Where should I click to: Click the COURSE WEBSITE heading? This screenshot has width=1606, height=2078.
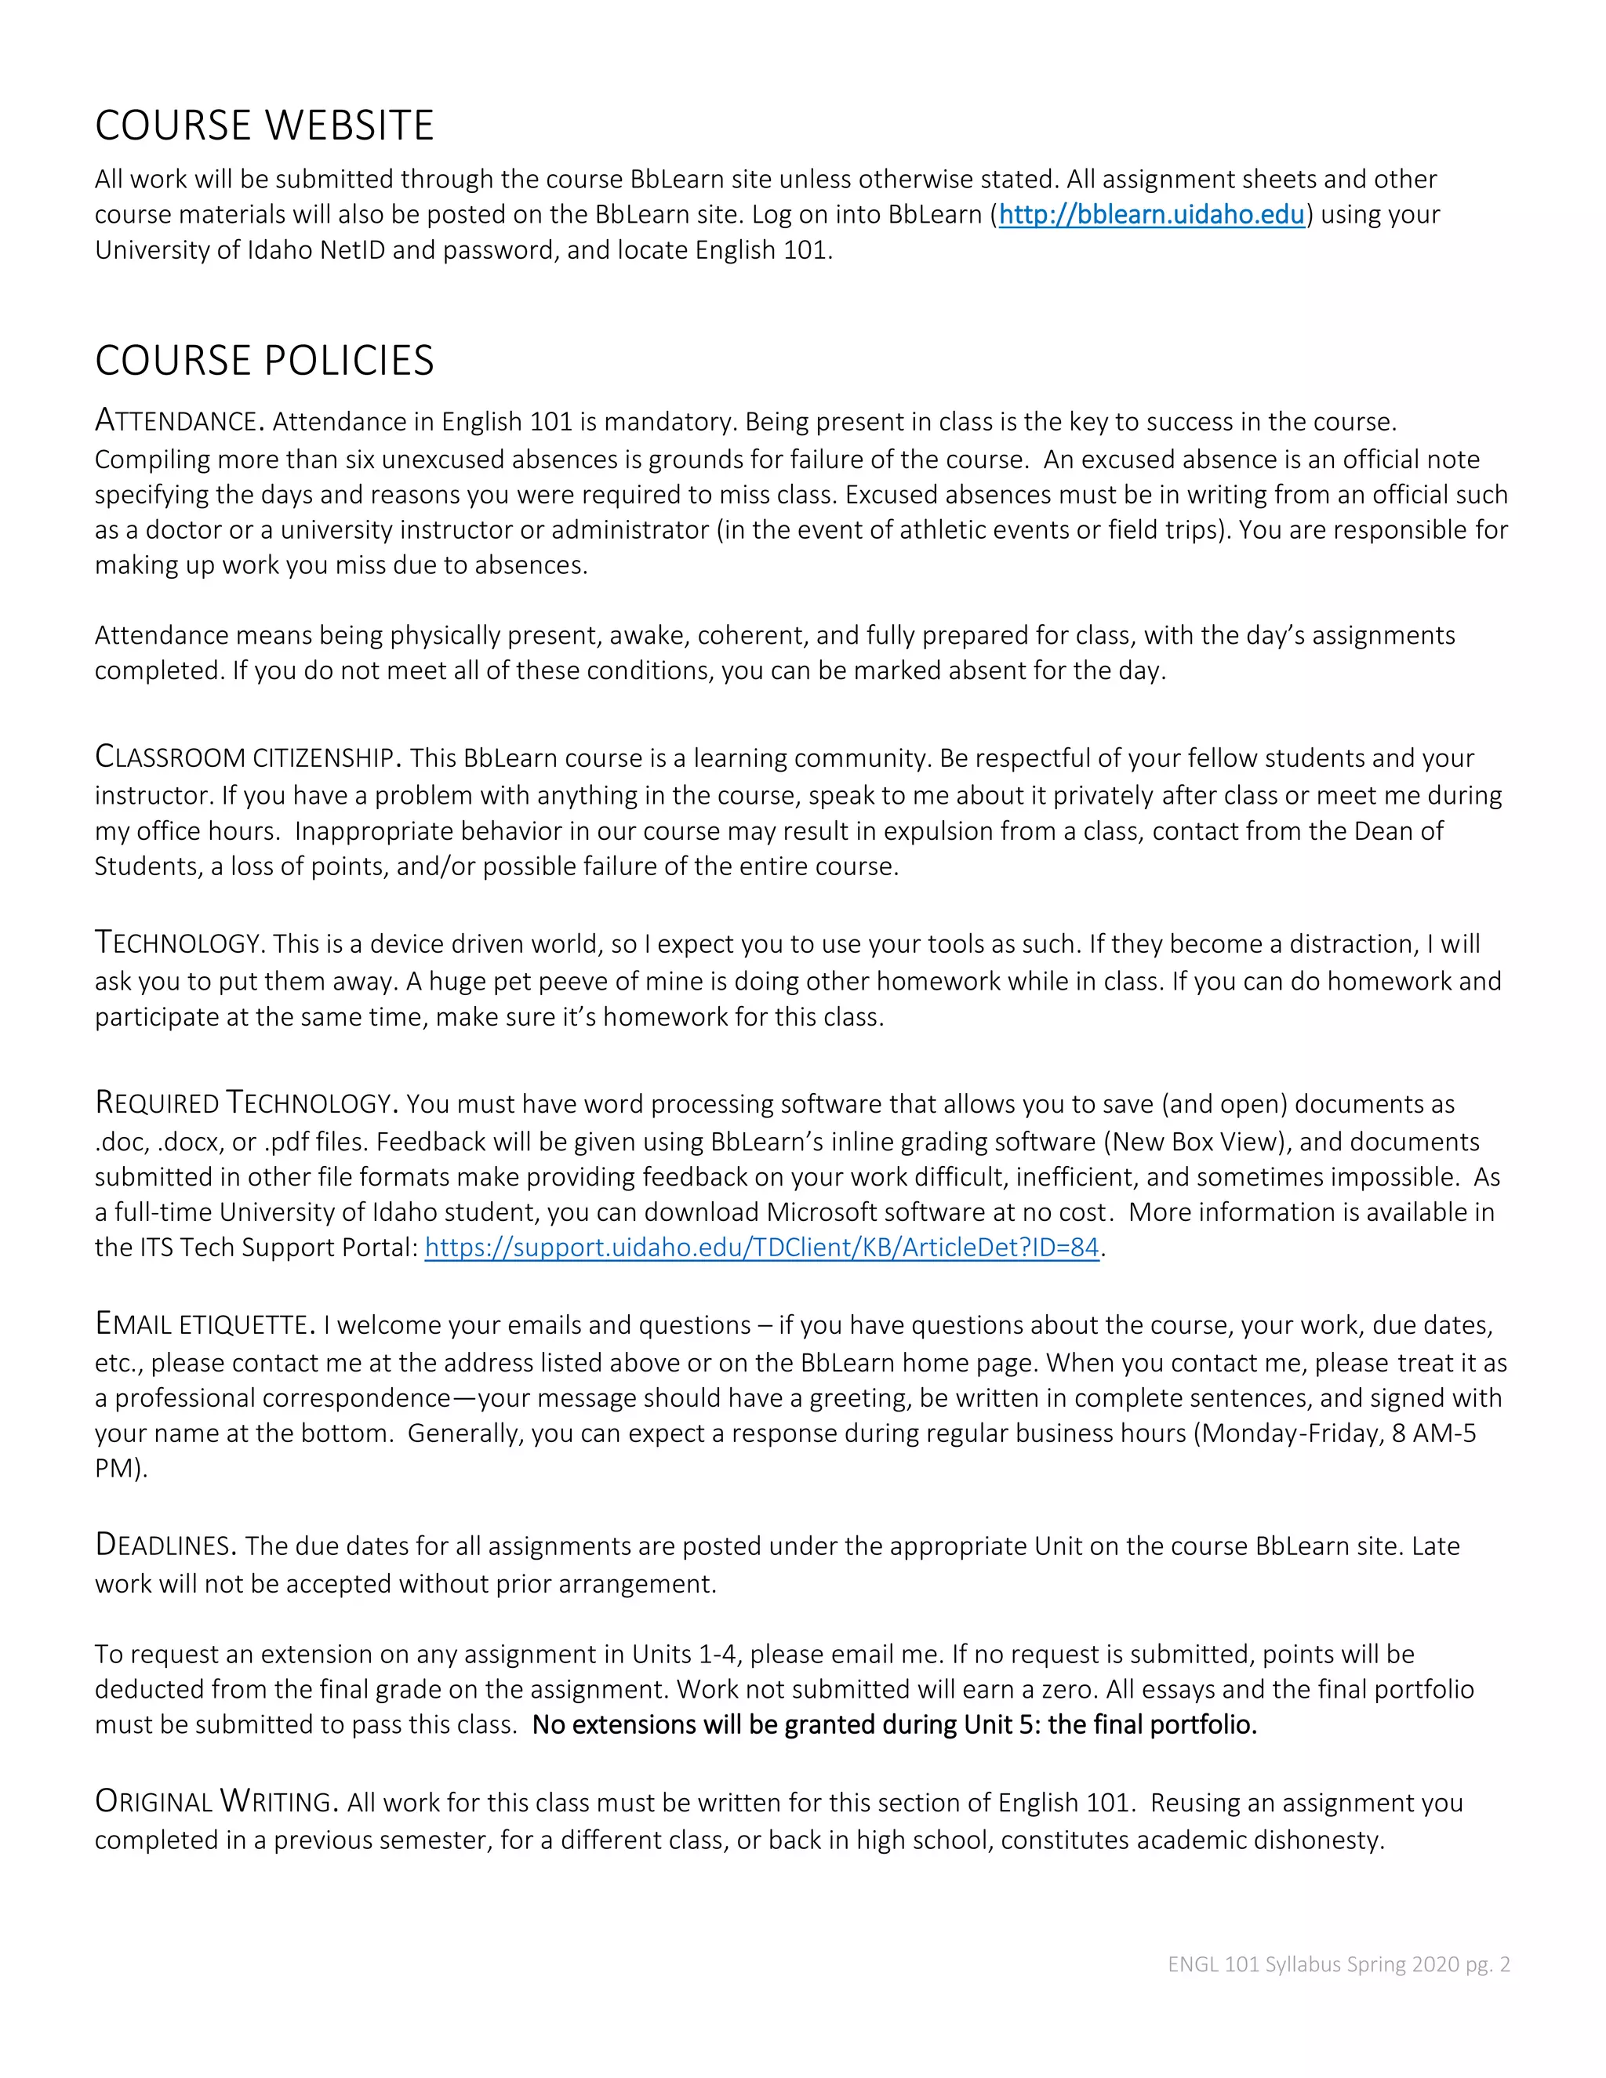click(264, 125)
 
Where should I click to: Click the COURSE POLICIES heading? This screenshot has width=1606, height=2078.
click(264, 361)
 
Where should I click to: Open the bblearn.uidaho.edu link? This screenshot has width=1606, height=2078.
click(1151, 214)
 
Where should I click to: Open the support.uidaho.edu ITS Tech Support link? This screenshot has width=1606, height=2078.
click(761, 1248)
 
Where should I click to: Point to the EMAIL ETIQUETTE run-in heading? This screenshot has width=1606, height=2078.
click(205, 1324)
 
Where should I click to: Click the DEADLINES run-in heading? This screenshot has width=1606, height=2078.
click(165, 1546)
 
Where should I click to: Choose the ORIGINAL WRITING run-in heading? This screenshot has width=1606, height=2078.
click(216, 1801)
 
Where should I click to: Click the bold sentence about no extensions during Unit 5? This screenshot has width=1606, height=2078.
click(894, 1725)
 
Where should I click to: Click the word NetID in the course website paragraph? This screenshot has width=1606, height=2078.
click(352, 250)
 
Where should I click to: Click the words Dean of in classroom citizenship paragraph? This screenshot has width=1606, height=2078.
click(1399, 830)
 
